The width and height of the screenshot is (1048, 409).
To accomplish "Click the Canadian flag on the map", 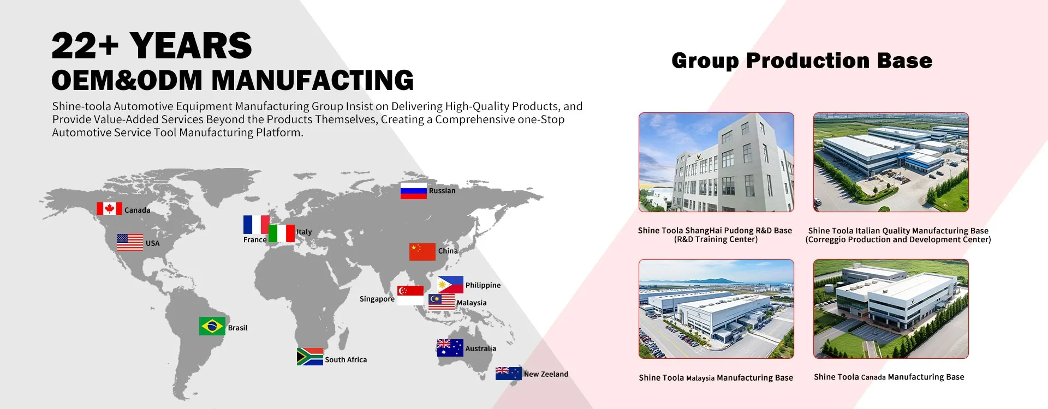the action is click(109, 209).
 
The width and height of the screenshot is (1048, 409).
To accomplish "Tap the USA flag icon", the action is click(130, 242).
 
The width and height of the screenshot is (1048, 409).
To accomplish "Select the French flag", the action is click(257, 225).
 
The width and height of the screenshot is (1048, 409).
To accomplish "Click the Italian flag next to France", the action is click(282, 233).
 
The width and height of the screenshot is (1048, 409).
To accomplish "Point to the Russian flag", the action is click(414, 191).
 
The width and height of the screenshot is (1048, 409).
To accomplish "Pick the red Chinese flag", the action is click(422, 252).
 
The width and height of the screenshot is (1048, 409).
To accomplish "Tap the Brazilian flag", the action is click(212, 326).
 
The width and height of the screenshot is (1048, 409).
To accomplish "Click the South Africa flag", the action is click(310, 357).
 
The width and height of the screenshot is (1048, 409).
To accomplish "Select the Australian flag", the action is click(450, 348).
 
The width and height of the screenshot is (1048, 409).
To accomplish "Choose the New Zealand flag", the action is click(509, 374).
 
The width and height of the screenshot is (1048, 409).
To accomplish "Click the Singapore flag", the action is click(410, 295).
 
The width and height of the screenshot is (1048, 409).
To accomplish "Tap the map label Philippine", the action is click(483, 285).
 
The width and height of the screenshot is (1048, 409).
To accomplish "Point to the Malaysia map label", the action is click(472, 303).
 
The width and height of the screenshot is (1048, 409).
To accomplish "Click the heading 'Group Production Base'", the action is click(802, 61).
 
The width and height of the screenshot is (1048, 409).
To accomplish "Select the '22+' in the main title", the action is click(85, 46).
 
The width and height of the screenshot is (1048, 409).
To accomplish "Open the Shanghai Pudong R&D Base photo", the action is click(716, 163).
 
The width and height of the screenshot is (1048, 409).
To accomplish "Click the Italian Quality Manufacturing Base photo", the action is click(891, 163).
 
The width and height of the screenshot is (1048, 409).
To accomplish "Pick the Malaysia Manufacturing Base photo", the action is click(716, 309).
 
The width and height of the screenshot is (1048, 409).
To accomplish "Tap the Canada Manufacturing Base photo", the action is click(891, 309).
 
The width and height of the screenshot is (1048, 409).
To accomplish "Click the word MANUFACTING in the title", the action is click(313, 81).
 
